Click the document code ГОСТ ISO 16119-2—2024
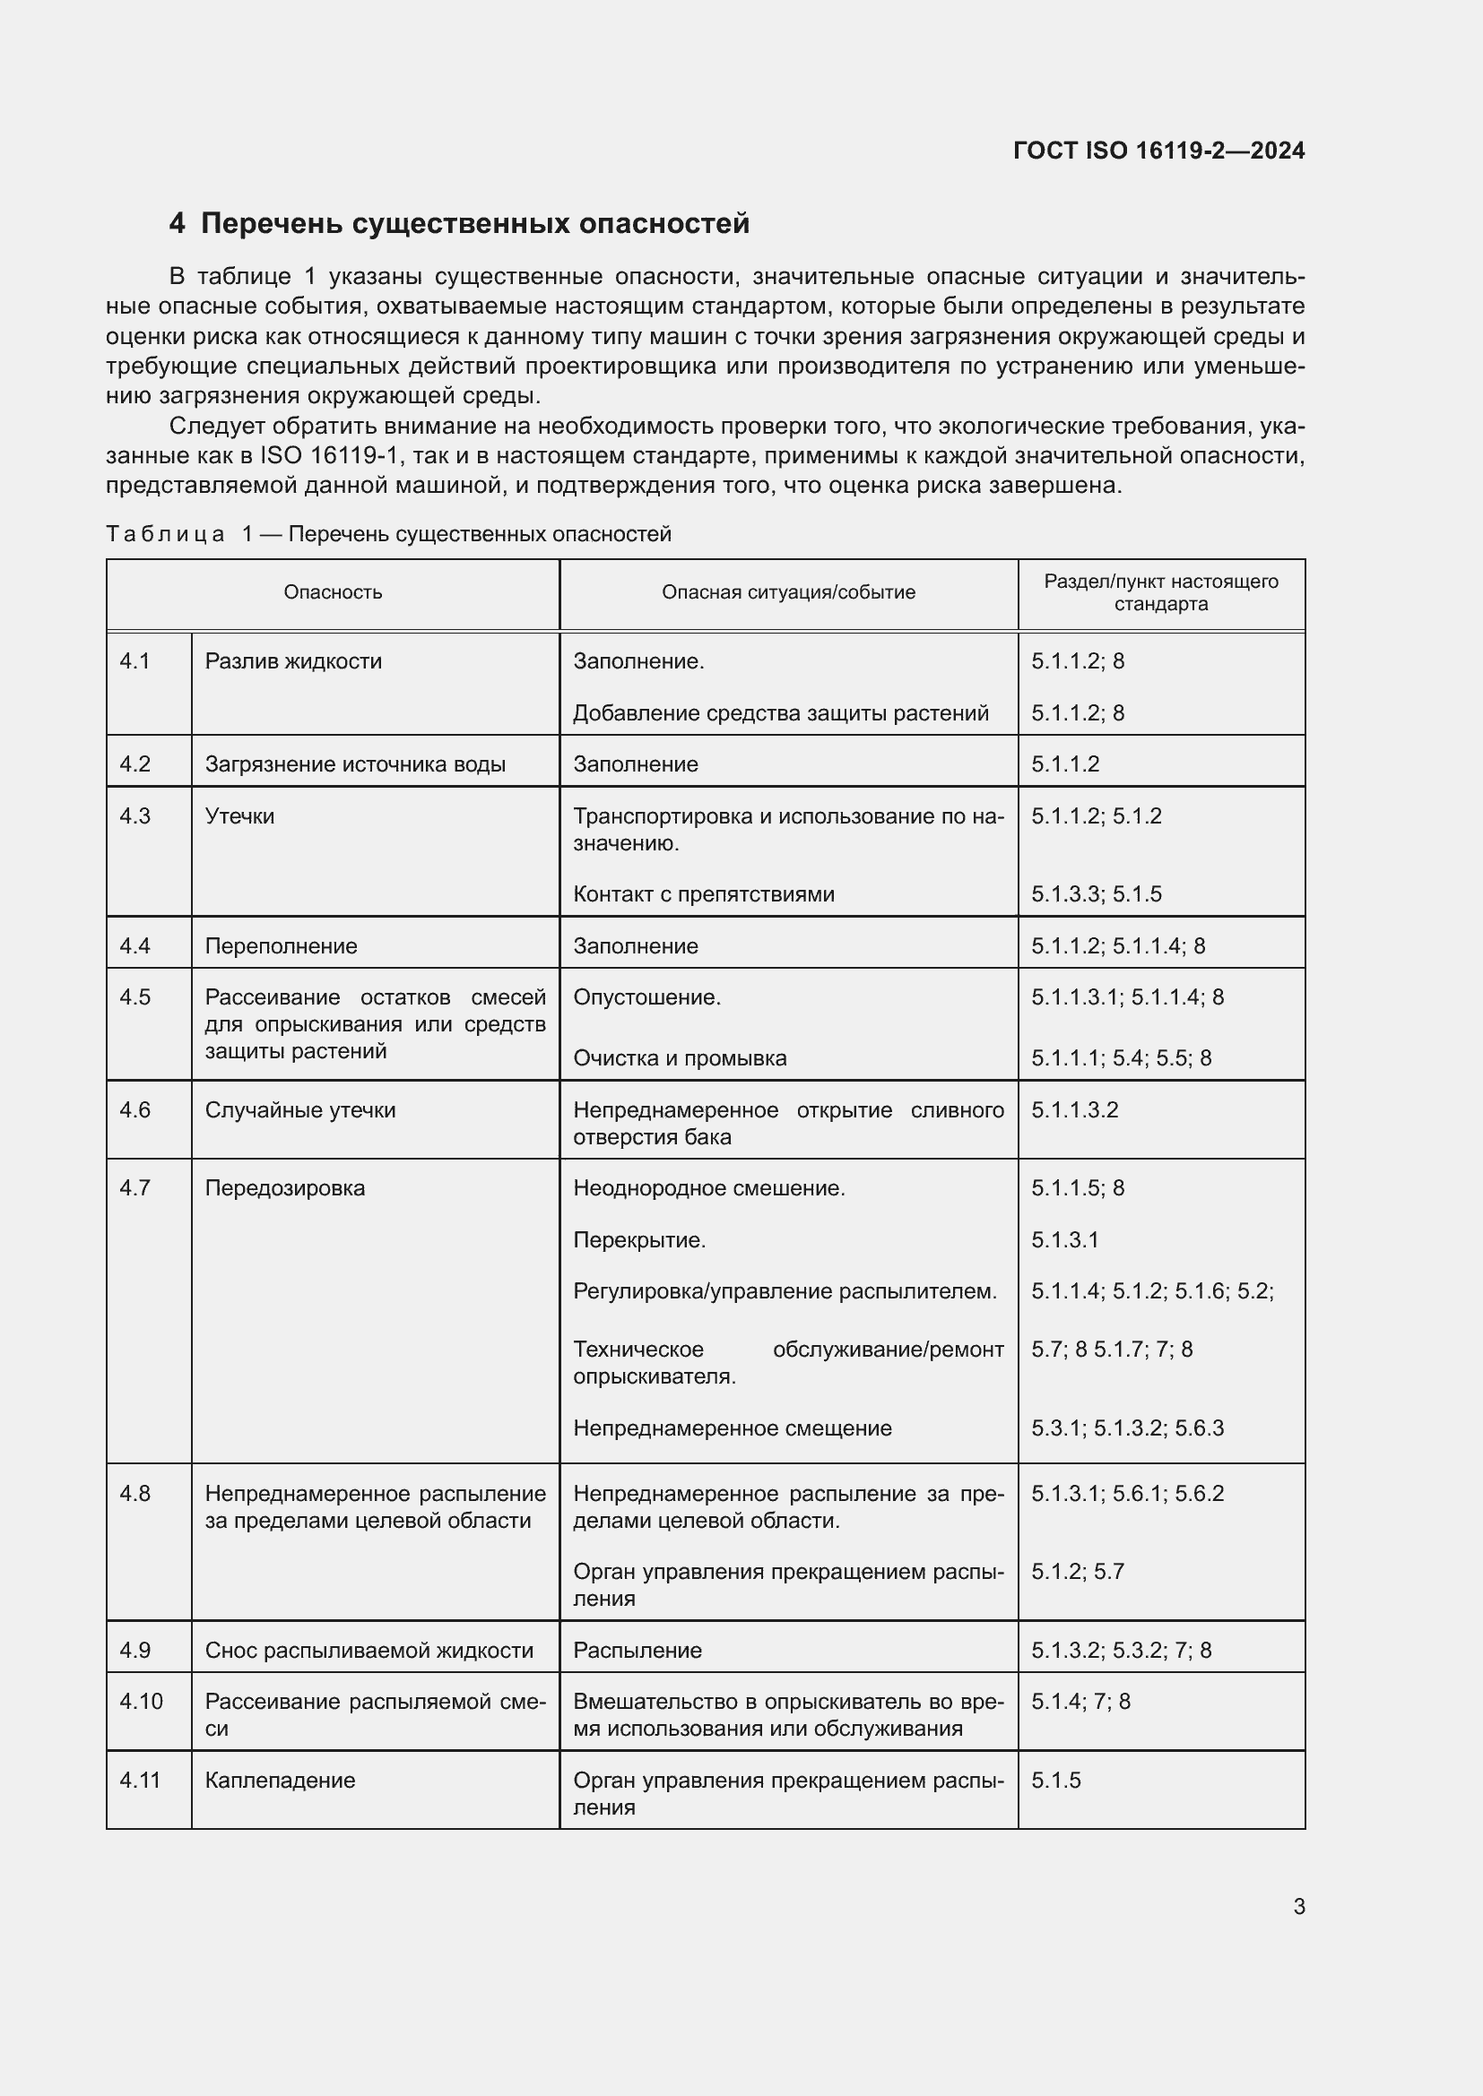1158,151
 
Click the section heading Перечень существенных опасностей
474,224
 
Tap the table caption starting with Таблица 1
388,534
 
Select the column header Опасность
333,592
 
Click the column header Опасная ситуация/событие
788,592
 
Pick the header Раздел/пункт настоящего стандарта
1160,592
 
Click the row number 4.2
135,764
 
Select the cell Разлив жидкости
293,661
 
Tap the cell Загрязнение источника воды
355,764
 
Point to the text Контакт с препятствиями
703,893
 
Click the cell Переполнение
281,945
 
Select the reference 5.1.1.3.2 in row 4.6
1075,1110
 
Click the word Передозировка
285,1187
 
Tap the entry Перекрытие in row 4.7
639,1239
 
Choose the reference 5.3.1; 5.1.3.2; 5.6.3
1127,1428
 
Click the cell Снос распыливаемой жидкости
369,1651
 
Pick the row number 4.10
141,1702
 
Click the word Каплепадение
280,1781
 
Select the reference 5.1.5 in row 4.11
1055,1781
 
